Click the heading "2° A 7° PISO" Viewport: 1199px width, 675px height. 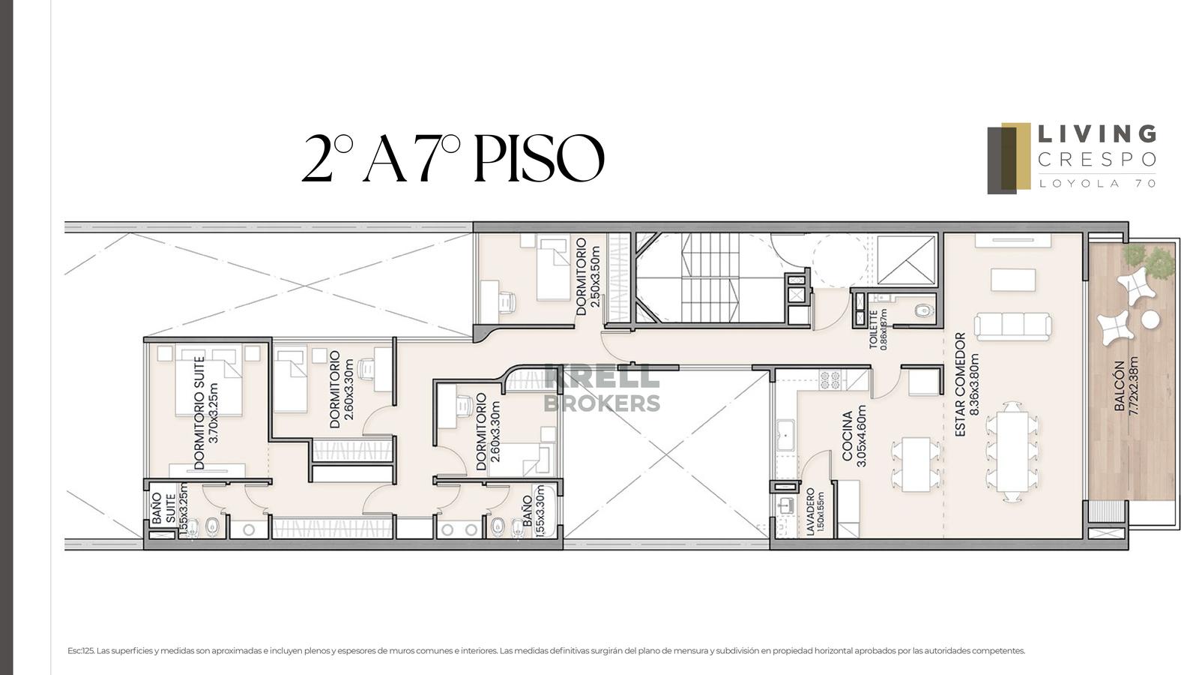453,158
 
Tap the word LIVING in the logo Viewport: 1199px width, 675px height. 1097,134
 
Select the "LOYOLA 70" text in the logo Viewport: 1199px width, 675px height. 1097,183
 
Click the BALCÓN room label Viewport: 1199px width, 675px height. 1120,385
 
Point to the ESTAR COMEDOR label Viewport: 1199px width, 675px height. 960,385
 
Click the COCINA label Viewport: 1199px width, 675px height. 848,436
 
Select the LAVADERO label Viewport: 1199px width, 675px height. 810,511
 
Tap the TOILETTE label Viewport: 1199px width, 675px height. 874,329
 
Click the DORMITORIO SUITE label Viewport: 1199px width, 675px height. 199,413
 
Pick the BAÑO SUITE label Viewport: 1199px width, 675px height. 164,509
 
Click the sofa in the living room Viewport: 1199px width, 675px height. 1012,326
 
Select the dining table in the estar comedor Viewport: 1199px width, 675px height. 1012,451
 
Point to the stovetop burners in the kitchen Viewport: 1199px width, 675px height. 830,379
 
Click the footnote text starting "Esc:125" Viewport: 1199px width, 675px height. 546,651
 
